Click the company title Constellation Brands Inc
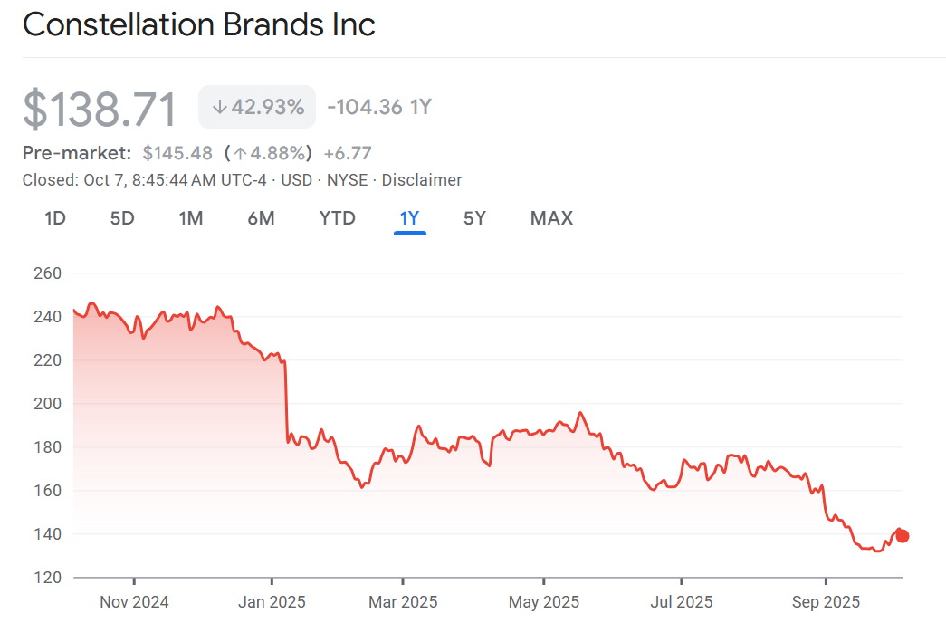198,24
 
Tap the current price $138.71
100,109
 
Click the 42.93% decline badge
257,107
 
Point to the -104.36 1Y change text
378,107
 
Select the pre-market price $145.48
177,153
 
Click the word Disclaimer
422,180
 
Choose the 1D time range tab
55,218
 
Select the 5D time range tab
122,218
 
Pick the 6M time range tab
261,218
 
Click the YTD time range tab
337,218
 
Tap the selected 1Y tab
409,218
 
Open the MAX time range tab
551,218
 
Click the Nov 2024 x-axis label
134,602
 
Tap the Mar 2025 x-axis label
404,602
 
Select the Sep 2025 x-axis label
826,602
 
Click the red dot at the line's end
902,536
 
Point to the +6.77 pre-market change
348,153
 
